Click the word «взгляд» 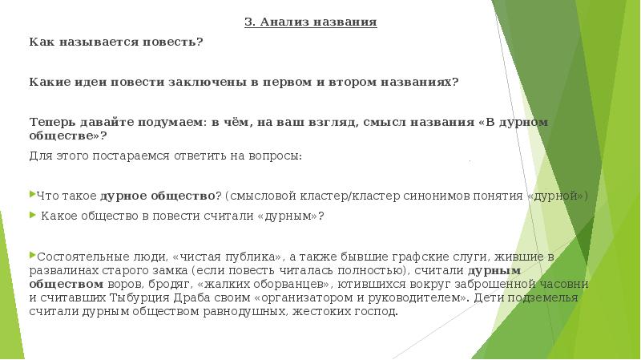334,122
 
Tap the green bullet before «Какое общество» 32,215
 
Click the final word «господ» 377,311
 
